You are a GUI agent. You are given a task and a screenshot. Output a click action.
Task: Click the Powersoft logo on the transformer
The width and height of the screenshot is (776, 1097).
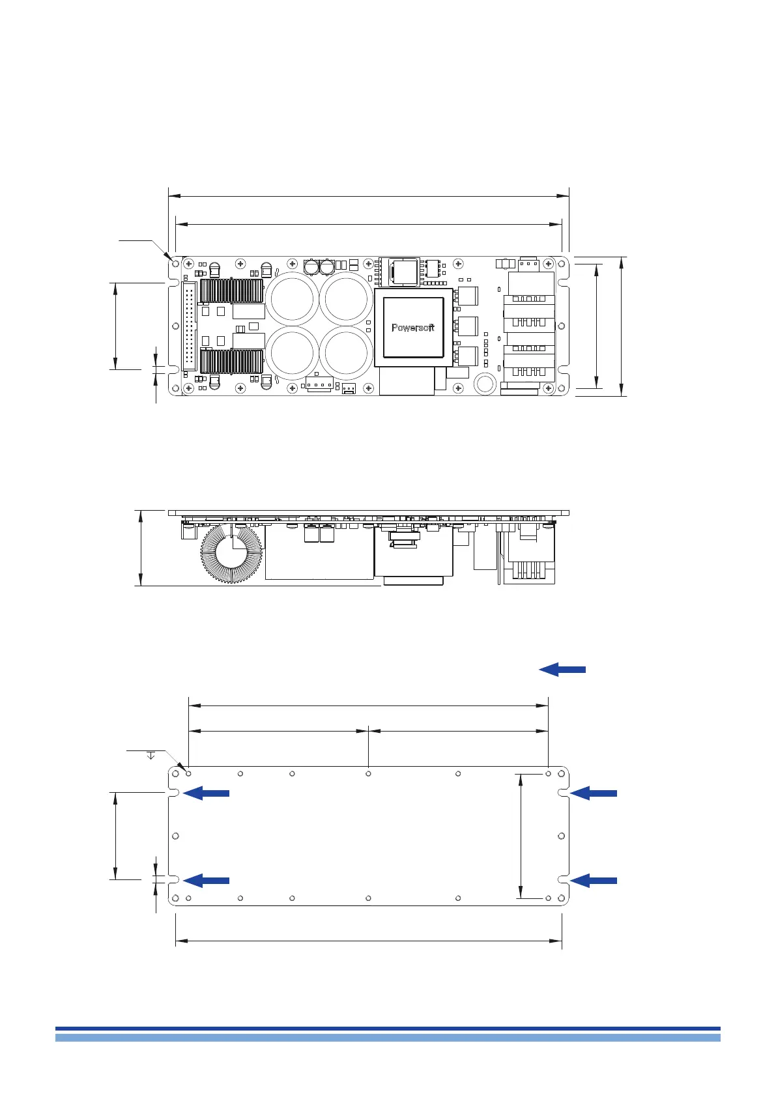tap(412, 328)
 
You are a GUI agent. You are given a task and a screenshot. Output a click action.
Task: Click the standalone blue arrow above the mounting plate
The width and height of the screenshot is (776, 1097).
tap(562, 670)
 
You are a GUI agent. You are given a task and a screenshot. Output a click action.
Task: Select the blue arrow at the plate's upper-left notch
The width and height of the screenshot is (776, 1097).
tap(206, 793)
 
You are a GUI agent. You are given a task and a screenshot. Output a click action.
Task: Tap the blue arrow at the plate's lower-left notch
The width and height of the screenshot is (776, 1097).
tap(206, 881)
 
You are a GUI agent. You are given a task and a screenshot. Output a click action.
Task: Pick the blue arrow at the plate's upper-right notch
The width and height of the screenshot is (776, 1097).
tap(594, 793)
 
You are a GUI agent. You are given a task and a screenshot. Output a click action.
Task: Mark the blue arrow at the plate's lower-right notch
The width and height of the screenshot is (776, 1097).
tap(594, 881)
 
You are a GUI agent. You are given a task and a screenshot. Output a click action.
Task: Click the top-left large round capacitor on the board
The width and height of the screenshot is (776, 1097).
tap(292, 299)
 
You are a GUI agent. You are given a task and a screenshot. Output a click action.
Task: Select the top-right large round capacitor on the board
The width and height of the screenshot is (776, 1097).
tap(346, 299)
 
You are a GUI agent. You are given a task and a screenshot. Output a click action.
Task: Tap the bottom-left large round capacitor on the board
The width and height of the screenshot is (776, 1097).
tap(292, 353)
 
